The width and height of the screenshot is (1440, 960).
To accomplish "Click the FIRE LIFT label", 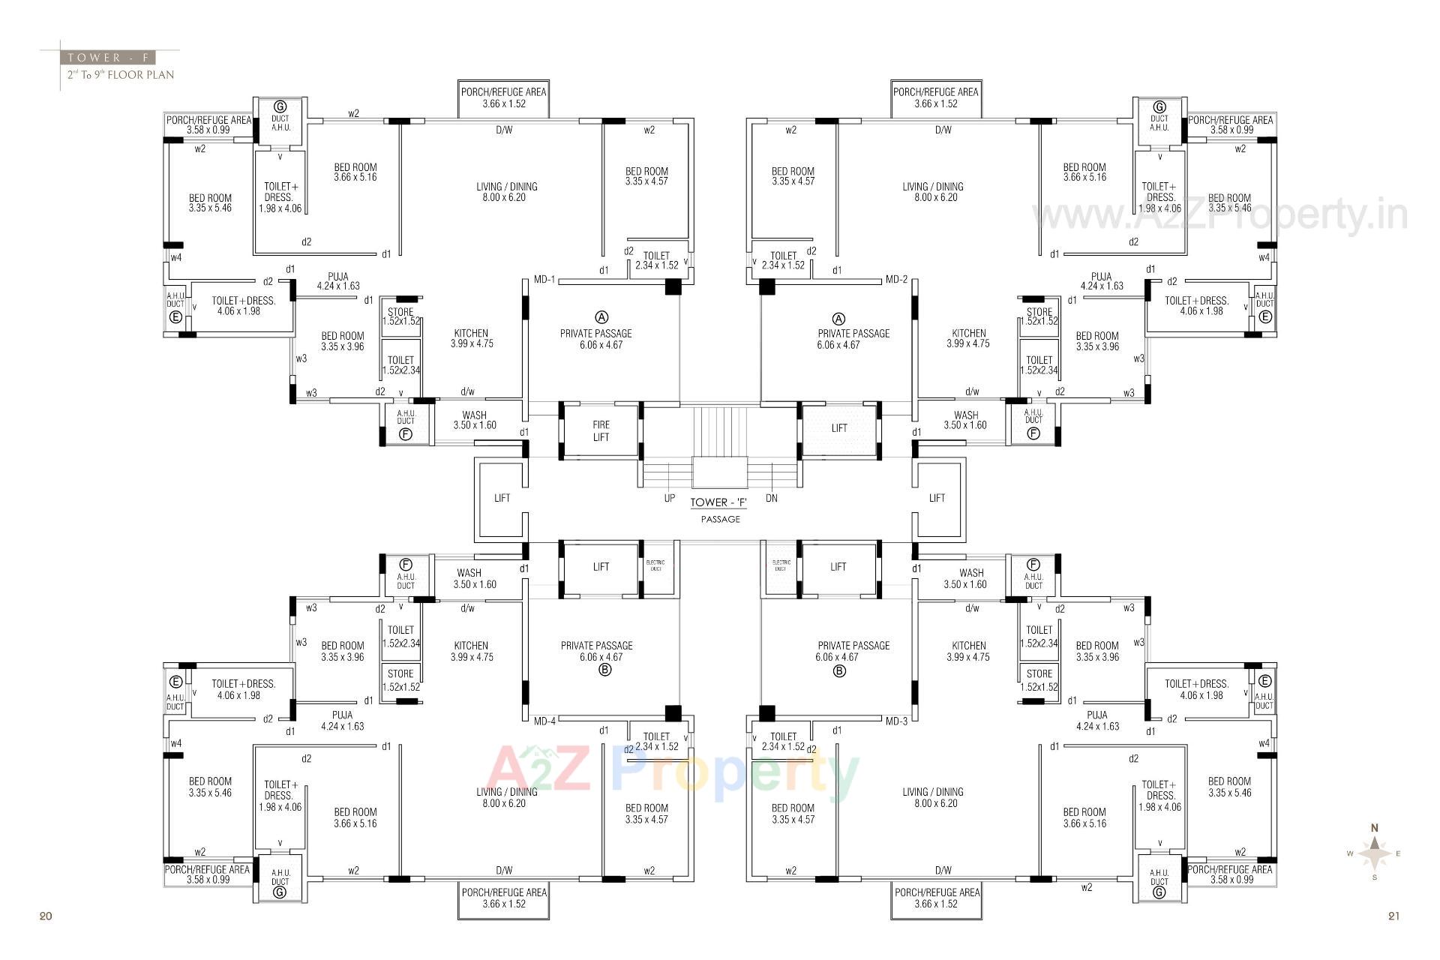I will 601,430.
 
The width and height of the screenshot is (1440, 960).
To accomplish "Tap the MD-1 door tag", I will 544,280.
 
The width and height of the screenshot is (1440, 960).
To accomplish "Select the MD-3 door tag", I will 896,721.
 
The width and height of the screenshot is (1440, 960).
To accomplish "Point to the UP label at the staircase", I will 670,498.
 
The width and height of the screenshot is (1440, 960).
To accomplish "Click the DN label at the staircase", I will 772,498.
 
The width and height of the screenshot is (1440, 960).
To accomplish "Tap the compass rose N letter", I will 1375,828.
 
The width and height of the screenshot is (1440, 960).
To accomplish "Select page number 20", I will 46,916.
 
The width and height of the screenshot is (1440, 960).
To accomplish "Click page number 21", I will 1393,916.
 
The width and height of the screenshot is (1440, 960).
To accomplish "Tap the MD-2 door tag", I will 896,280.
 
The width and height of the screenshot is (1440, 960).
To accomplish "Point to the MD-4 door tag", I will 544,721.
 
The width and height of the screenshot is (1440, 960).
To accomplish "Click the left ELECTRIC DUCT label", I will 655,565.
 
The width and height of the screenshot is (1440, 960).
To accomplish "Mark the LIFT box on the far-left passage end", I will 502,498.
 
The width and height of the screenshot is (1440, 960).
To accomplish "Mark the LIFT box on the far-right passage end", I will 937,498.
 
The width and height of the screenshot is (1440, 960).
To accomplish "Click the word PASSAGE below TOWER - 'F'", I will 720,519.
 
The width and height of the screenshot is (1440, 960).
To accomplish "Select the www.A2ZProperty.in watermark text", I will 1219,216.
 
